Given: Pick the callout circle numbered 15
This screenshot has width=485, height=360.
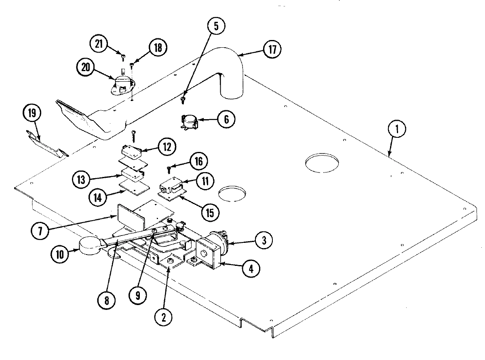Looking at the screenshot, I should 210,212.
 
